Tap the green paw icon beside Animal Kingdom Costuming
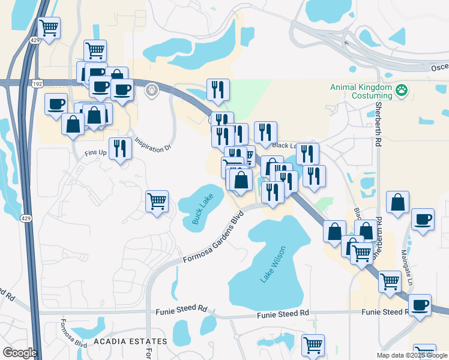[x=402, y=91]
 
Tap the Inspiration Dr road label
[x=149, y=145]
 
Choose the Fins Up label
[x=95, y=152]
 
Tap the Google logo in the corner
[x=20, y=352]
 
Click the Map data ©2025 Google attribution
[x=411, y=355]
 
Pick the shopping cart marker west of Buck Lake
[x=157, y=201]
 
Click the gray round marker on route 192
[x=152, y=90]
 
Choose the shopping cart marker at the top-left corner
[x=49, y=27]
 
